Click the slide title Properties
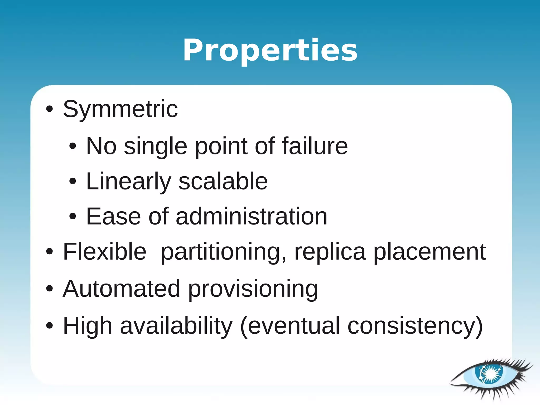(x=270, y=50)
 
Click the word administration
(x=251, y=216)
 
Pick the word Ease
(x=114, y=216)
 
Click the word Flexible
(x=104, y=252)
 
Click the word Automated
(x=122, y=289)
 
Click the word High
(x=88, y=326)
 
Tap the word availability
(x=176, y=326)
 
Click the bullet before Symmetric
(x=49, y=109)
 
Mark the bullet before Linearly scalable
(x=73, y=181)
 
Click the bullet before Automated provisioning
(x=49, y=289)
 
